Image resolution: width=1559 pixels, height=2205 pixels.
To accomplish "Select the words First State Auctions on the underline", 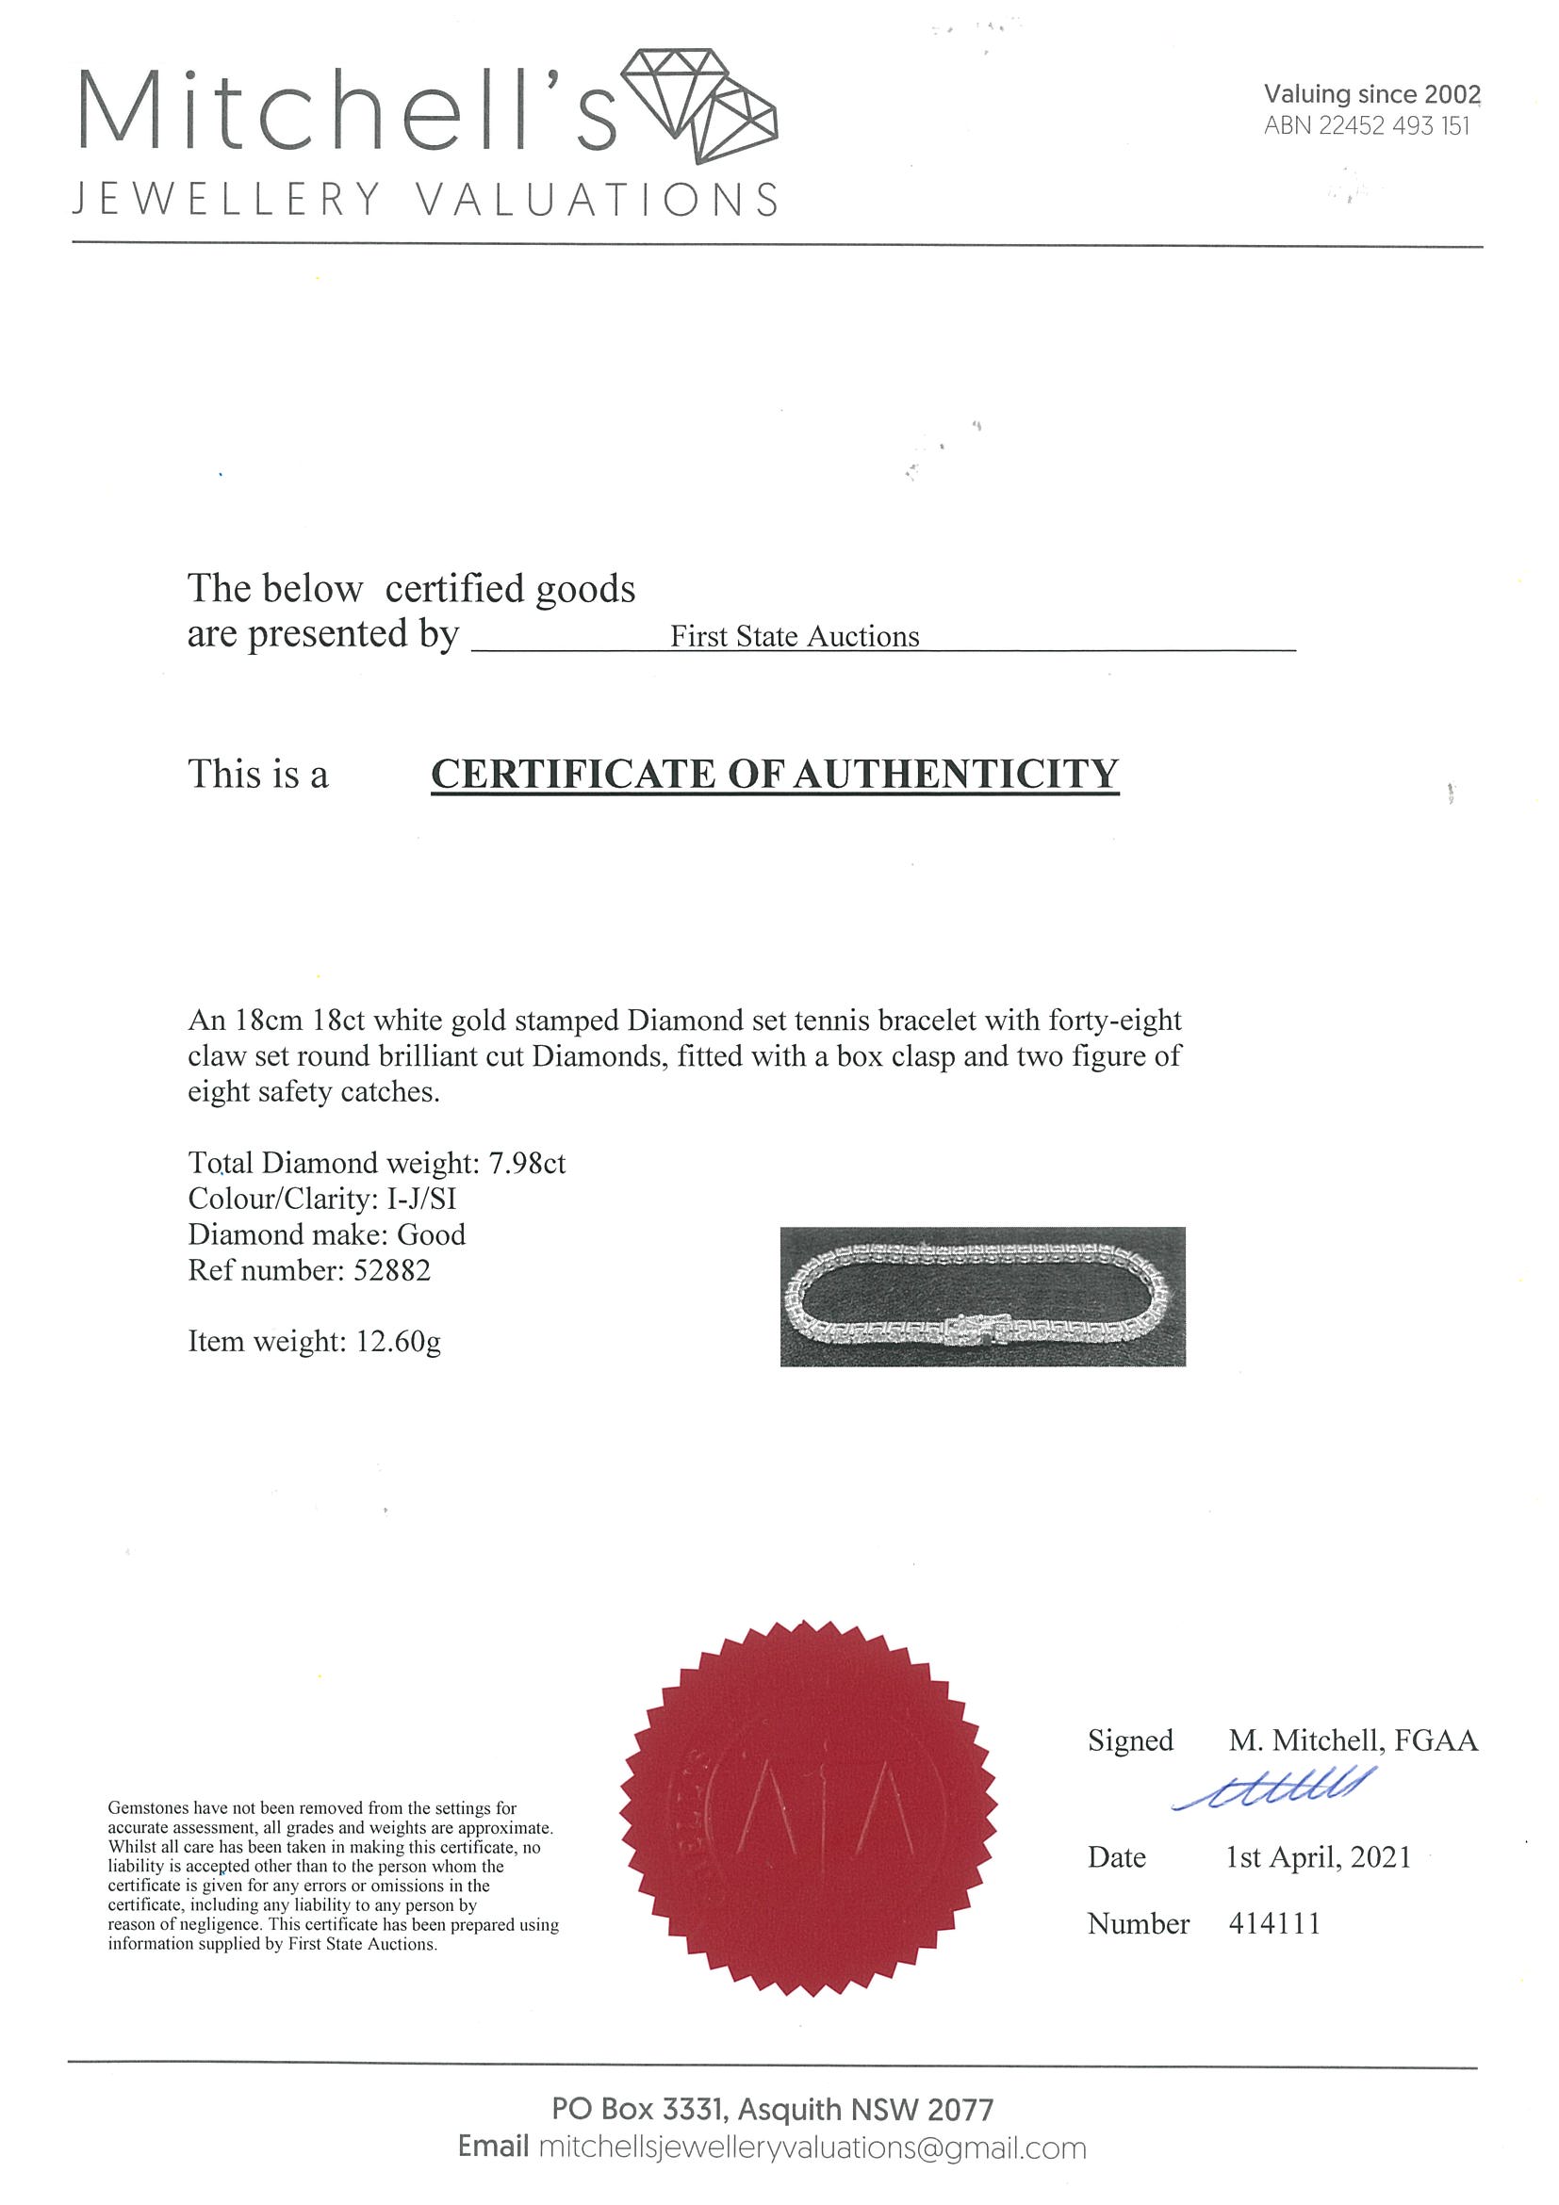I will click(795, 637).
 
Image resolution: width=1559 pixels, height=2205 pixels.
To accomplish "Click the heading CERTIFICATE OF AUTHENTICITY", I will click(774, 775).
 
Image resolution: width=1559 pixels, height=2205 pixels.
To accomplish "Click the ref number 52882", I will click(392, 1270).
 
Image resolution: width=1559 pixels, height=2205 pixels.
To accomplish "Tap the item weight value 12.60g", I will click(399, 1342).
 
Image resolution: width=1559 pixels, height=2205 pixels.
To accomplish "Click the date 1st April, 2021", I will click(1318, 1857).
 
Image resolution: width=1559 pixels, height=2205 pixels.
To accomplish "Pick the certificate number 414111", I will click(1273, 1923).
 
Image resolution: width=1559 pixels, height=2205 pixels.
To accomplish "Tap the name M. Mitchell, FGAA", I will click(1353, 1740).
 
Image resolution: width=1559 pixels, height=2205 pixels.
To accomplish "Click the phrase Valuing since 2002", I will click(1371, 94).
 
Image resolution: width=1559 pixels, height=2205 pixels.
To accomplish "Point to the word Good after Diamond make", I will click(432, 1235).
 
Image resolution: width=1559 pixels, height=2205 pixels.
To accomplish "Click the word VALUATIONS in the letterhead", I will click(598, 200).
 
